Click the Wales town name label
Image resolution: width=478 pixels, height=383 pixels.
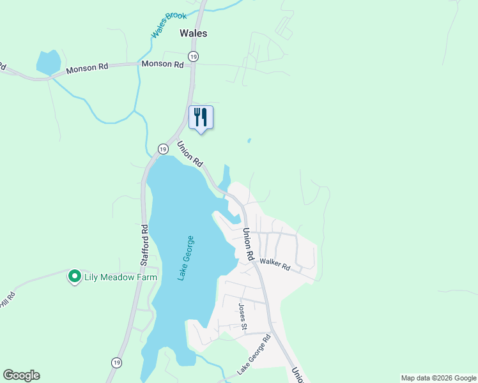click(194, 33)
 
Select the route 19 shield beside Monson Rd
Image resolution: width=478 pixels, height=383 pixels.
click(194, 57)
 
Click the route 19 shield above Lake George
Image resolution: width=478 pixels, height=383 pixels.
click(163, 149)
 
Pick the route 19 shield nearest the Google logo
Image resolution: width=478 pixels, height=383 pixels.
click(116, 362)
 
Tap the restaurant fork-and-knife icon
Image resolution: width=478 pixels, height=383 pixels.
click(201, 117)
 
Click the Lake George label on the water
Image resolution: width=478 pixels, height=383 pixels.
click(186, 258)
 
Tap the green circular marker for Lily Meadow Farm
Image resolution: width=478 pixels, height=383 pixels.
click(74, 276)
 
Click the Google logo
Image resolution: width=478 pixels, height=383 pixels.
click(21, 375)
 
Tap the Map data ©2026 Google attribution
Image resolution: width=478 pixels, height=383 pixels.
click(438, 378)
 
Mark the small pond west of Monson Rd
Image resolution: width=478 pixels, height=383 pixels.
click(48, 63)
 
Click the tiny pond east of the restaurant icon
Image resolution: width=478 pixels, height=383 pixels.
click(249, 140)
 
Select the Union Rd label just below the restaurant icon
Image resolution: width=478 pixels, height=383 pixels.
click(190, 153)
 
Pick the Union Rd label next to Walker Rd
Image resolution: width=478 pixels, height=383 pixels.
click(247, 244)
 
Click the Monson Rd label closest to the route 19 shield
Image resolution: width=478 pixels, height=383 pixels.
click(162, 64)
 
